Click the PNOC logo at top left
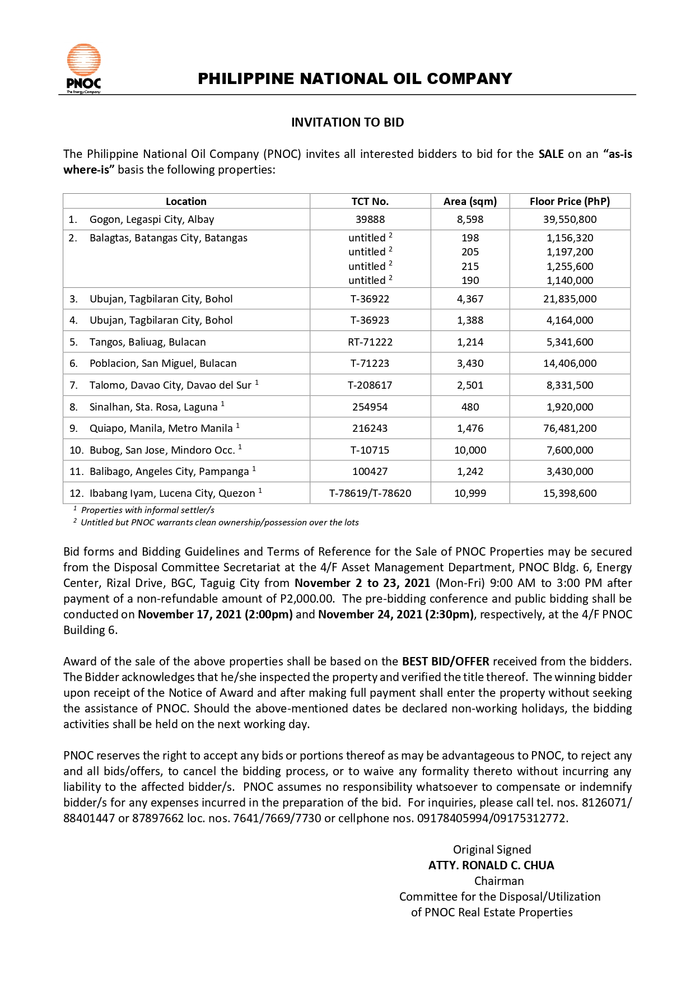point(84,68)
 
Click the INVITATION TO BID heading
point(347,122)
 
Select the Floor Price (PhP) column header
point(570,201)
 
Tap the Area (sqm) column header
point(470,201)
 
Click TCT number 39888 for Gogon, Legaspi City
point(370,220)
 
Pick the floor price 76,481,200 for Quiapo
point(570,428)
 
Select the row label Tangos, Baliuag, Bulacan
point(147,342)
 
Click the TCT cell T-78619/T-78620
point(370,493)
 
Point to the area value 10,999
point(470,493)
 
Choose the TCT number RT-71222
point(370,342)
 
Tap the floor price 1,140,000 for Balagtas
point(570,281)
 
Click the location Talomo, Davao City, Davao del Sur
point(170,385)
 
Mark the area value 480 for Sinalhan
point(470,407)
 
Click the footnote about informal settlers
point(147,510)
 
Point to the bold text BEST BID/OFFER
point(445,661)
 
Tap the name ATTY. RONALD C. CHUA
point(491,865)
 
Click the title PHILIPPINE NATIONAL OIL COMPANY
point(355,78)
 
